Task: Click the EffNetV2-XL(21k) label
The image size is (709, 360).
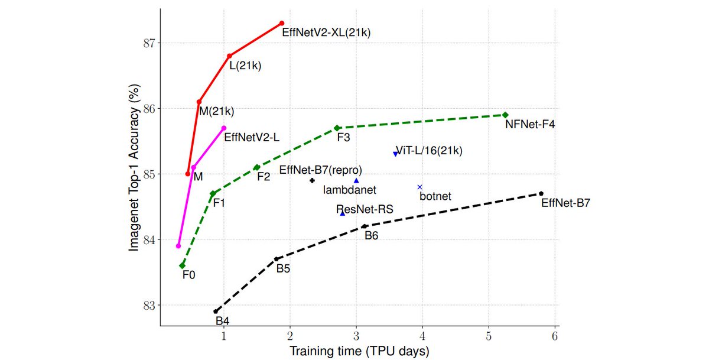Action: (326, 33)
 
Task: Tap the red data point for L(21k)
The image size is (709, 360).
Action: (229, 56)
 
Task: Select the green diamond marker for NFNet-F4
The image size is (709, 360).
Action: (505, 115)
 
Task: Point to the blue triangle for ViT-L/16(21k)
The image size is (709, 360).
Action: (395, 154)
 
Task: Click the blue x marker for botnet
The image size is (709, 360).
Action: (420, 187)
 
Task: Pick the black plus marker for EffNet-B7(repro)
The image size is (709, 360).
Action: (313, 180)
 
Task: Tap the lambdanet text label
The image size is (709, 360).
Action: (350, 190)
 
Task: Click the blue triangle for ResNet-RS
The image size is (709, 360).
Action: (342, 213)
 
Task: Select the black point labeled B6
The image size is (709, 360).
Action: (365, 226)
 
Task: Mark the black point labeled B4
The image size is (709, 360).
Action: (216, 311)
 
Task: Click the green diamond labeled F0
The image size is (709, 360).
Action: (183, 265)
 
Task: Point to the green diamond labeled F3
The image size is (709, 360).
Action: (337, 128)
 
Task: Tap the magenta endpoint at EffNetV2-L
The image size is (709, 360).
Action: (224, 128)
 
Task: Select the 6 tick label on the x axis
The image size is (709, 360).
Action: (554, 336)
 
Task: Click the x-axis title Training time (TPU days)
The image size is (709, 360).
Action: (359, 351)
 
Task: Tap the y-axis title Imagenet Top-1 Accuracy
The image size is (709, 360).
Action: (134, 167)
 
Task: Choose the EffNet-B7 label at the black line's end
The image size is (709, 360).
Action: (565, 203)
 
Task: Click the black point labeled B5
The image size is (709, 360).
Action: (276, 259)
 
